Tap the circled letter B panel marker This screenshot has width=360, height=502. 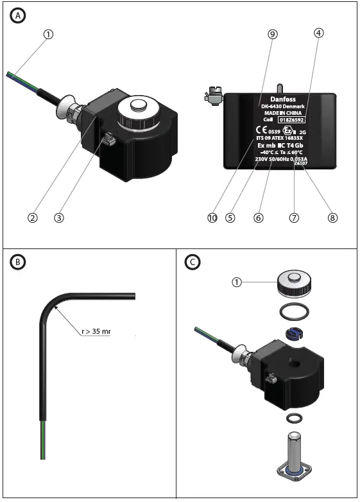pos(19,262)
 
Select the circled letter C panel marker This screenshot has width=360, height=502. pos(191,262)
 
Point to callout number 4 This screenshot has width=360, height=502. pos(319,35)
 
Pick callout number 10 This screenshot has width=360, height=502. pos(212,218)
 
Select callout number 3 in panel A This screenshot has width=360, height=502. pos(59,218)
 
